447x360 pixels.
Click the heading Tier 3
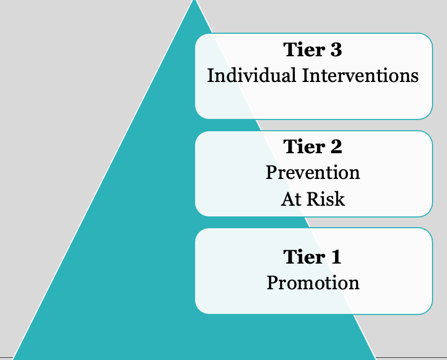click(x=312, y=50)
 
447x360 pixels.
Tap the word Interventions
click(x=360, y=76)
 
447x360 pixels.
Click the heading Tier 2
click(x=312, y=146)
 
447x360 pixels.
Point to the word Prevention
click(x=312, y=172)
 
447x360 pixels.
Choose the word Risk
click(x=326, y=199)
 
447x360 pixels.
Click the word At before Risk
click(x=292, y=199)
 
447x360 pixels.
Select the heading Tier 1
click(x=312, y=257)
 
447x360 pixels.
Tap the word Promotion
click(x=313, y=283)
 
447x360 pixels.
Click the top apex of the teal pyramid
click(x=195, y=1)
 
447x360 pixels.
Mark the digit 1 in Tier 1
click(x=336, y=257)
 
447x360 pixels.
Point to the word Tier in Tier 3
click(x=303, y=50)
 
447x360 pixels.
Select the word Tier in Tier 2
click(x=303, y=146)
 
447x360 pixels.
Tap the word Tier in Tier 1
click(x=303, y=257)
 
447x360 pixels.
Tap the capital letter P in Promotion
click(x=273, y=283)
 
